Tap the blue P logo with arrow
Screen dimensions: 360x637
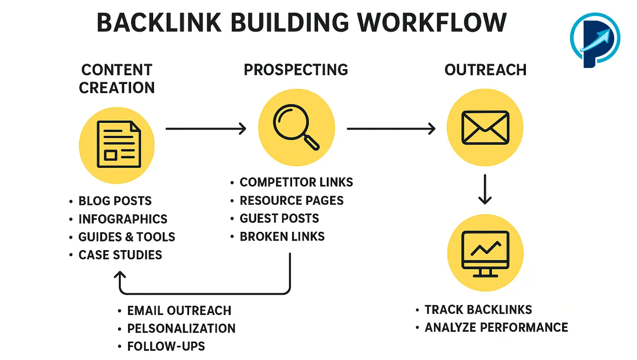595,40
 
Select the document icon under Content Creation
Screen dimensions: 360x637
117,144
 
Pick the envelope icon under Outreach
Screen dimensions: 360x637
485,127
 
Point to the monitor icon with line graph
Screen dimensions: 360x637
485,253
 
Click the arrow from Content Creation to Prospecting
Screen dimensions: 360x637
206,129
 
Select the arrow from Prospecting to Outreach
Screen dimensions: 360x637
391,129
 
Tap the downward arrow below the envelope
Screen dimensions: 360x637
485,189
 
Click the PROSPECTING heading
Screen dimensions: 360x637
296,70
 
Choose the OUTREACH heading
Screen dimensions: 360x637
486,70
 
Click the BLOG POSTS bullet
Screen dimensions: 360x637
115,201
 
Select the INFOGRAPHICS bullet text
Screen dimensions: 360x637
123,219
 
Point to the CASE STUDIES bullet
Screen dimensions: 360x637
120,255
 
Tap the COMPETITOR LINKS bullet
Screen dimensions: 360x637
296,182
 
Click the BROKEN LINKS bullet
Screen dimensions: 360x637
282,236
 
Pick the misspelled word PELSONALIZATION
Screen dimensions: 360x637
181,328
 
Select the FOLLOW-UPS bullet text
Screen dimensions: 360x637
166,346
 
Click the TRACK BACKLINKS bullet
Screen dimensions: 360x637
478,309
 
